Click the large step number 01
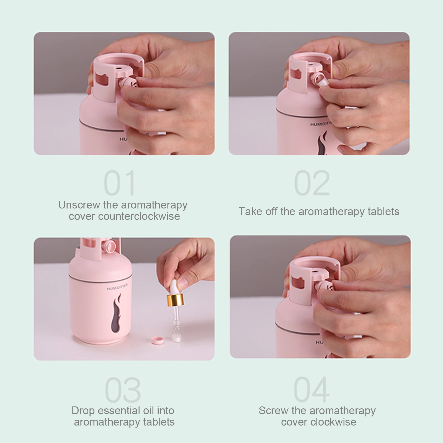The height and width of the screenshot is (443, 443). click(x=120, y=183)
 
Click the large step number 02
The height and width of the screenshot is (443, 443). click(x=312, y=183)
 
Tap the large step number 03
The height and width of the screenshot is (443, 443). click(x=123, y=390)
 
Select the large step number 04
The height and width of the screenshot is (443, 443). click(x=311, y=390)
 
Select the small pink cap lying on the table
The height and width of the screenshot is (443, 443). click(x=157, y=340)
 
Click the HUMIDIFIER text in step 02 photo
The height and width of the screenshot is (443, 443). click(x=321, y=124)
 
